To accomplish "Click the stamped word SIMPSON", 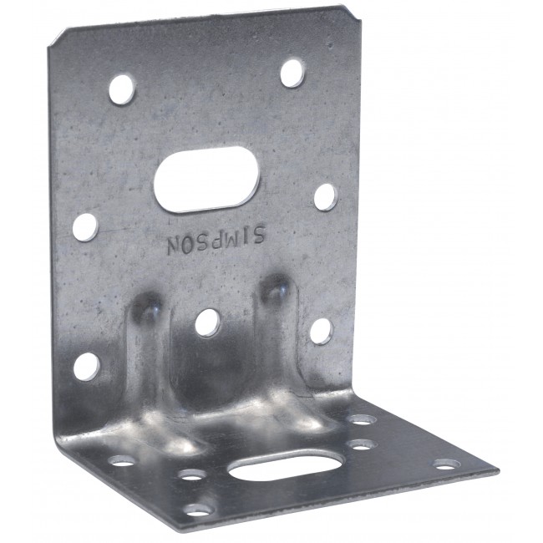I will [215, 243].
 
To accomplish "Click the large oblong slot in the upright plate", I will [206, 178].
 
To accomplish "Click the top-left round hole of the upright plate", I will [121, 88].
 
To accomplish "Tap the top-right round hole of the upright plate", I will [292, 73].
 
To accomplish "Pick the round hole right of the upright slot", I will [324, 197].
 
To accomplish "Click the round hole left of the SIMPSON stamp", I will [84, 226].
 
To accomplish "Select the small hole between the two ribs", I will [207, 322].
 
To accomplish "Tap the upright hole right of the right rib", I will [320, 331].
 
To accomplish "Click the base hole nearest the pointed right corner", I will [444, 464].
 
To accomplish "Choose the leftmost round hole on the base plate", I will [122, 460].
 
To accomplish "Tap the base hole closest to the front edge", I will [199, 508].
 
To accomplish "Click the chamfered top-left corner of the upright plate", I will [57, 37].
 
